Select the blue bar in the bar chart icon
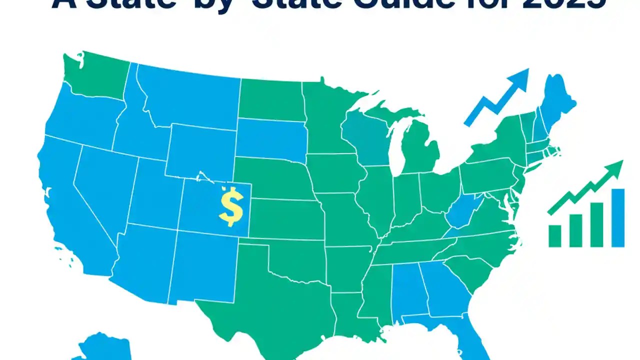pos(618,217)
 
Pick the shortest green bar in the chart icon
pos(555,236)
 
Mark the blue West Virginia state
pos(462,212)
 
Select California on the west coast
pos(70,200)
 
